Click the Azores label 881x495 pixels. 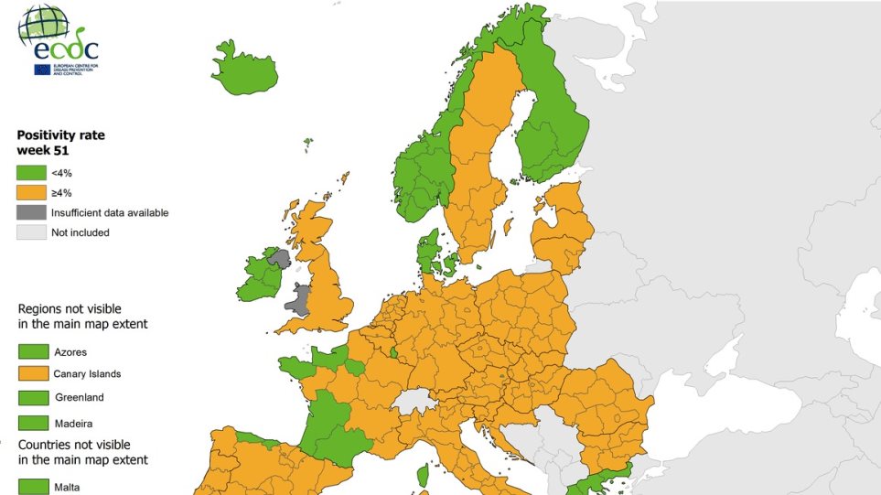pyautogui.click(x=71, y=351)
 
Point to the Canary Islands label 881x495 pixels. pyautogui.click(x=88, y=373)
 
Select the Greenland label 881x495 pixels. pyautogui.click(x=80, y=397)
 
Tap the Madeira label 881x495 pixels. pyautogui.click(x=73, y=424)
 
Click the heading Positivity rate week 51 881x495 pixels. pyautogui.click(x=61, y=143)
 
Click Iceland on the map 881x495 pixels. pyautogui.click(x=245, y=70)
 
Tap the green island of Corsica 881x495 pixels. pyautogui.click(x=423, y=475)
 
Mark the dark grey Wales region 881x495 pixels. pyautogui.click(x=300, y=298)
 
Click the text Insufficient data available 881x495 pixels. pyautogui.click(x=111, y=212)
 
